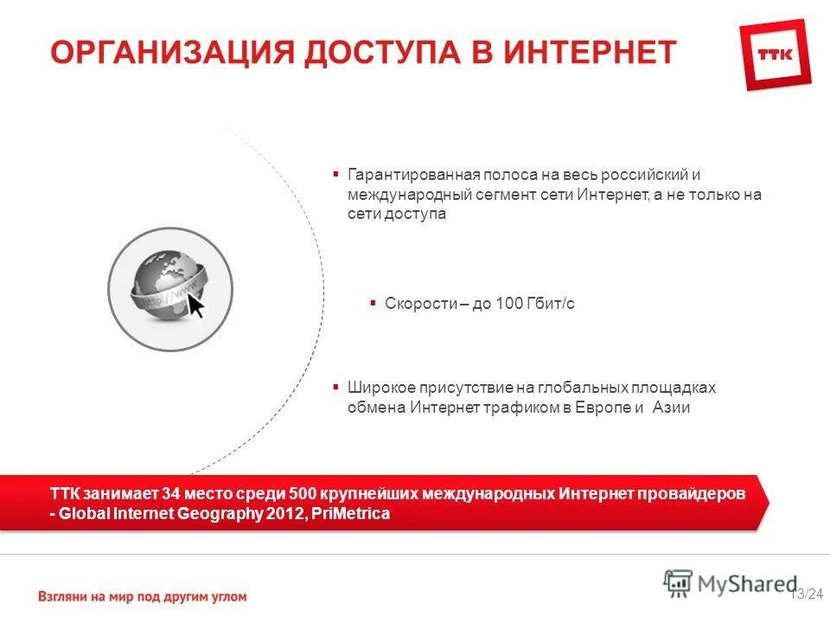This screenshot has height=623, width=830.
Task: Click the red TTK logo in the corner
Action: (776, 55)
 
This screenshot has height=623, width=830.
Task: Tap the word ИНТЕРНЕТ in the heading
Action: (591, 52)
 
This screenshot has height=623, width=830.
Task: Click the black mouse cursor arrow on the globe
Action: (196, 305)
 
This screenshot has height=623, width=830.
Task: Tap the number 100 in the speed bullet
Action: (510, 304)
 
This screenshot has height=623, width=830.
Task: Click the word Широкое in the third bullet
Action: (378, 388)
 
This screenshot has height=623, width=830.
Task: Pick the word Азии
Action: (670, 408)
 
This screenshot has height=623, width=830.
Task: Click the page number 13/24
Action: (808, 593)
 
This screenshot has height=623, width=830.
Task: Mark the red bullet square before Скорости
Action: (372, 303)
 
